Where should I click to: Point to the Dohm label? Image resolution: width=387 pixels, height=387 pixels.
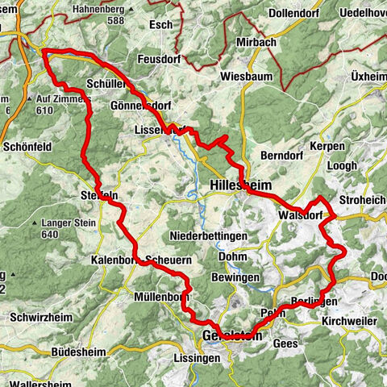pos(234,257)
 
